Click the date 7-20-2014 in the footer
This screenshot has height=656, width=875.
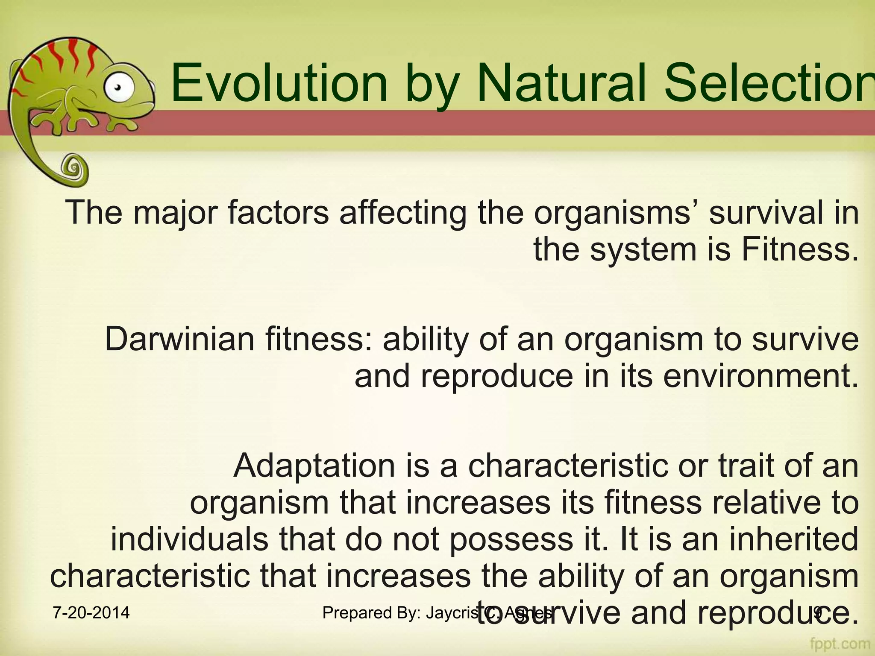coord(91,612)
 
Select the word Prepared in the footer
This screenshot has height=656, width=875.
coord(357,612)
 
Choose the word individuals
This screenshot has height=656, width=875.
coord(190,539)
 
